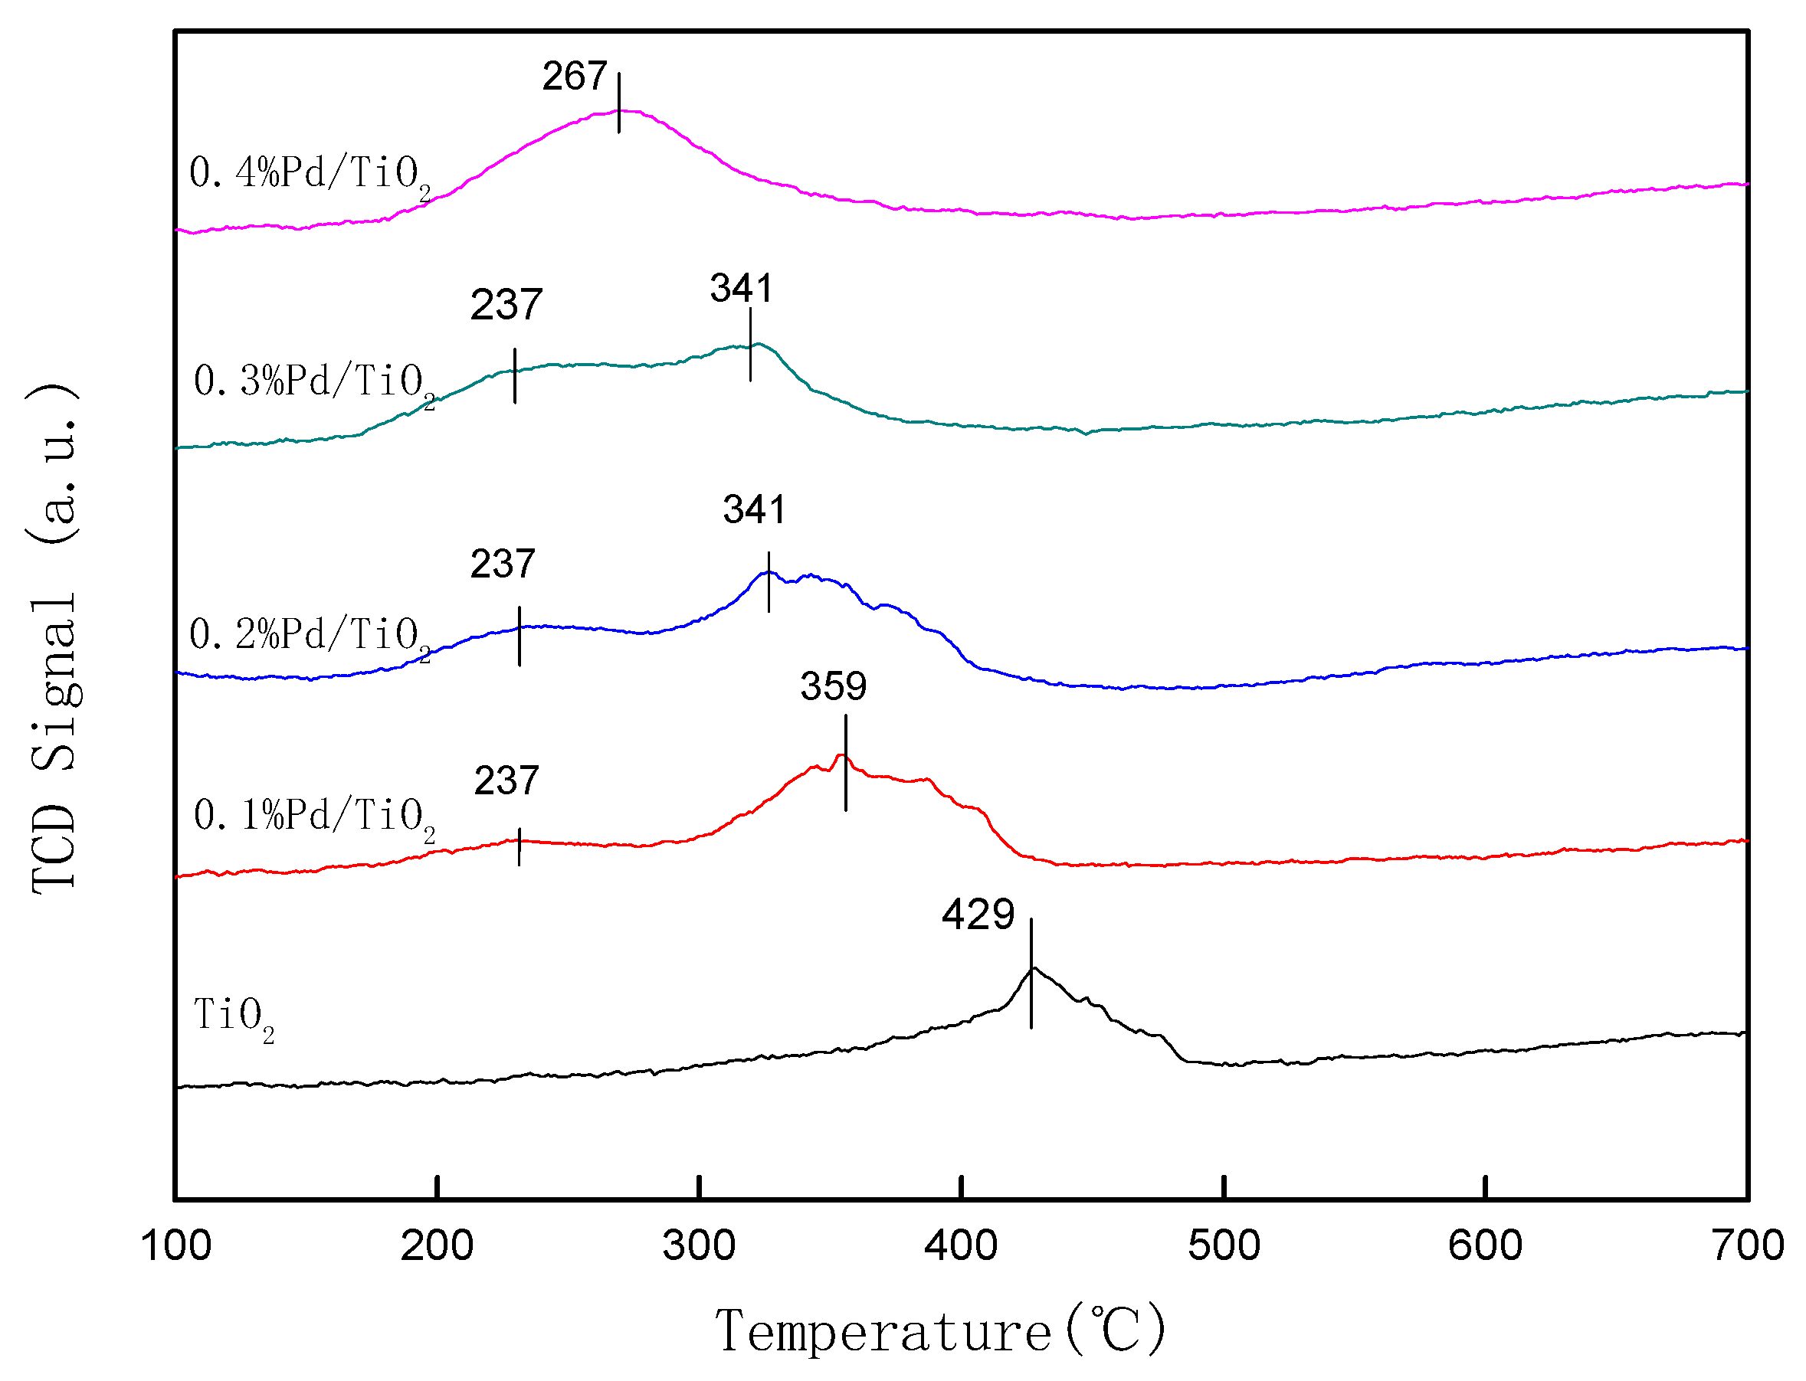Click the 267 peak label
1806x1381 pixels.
[574, 77]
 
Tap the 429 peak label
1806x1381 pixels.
[978, 915]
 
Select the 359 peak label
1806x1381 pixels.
[833, 686]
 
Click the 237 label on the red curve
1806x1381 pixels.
[506, 780]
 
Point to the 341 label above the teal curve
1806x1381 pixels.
[741, 289]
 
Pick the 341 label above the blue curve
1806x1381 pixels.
[754, 509]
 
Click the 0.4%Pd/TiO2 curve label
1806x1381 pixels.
[310, 175]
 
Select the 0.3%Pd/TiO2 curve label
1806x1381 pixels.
[314, 383]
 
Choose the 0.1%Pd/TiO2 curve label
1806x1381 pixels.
[314, 817]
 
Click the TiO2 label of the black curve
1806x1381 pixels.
[234, 1018]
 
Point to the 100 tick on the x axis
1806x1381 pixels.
[176, 1246]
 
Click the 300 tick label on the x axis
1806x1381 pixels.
[699, 1246]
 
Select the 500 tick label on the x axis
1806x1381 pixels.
[1224, 1246]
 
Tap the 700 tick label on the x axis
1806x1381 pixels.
[1747, 1246]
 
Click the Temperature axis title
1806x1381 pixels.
[940, 1332]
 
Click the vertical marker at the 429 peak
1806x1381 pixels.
[1031, 974]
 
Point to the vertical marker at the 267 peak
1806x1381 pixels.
[619, 103]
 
